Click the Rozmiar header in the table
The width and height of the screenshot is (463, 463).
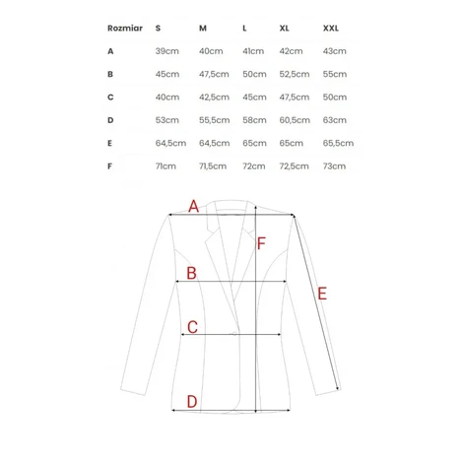pos(125,29)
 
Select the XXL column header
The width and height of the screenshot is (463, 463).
pos(330,29)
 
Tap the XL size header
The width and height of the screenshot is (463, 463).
pos(284,29)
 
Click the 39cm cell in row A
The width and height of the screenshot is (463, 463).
pos(167,51)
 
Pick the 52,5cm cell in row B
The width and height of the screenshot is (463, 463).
pos(295,74)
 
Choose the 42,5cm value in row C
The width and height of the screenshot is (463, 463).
pos(214,98)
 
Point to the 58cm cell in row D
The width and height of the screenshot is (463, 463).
pos(254,120)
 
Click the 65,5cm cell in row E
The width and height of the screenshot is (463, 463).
pos(338,143)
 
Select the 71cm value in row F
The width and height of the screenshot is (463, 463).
pos(165,166)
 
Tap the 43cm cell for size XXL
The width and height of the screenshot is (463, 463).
pos(335,51)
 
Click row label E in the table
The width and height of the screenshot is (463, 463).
pos(109,143)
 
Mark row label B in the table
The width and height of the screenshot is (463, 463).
pos(110,74)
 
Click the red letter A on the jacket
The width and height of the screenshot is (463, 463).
pos(194,206)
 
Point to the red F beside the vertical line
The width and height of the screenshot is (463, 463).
pos(261,243)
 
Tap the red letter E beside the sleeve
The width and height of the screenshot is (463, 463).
pos(322,294)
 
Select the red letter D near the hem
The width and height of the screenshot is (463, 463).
pos(192,402)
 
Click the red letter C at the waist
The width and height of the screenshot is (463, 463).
pos(192,327)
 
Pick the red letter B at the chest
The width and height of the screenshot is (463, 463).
pos(191,273)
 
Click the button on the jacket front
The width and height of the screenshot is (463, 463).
pos(234,334)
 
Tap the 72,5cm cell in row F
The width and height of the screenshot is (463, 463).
pos(295,166)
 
